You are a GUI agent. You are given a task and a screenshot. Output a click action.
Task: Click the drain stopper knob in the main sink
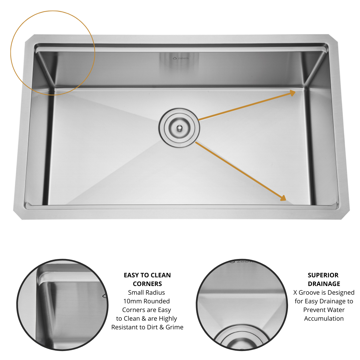click(179, 128)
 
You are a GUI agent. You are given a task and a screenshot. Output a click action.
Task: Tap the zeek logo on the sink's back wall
click(181, 58)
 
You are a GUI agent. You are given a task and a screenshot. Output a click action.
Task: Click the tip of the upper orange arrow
click(295, 92)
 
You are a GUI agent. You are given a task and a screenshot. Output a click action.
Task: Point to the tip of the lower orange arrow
click(286, 200)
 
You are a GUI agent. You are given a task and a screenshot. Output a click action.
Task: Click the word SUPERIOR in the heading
click(323, 275)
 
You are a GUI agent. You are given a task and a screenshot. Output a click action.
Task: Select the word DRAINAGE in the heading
click(324, 284)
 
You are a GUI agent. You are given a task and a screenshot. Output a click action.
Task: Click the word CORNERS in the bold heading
click(147, 284)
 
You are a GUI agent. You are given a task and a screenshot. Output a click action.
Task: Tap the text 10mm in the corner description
click(130, 301)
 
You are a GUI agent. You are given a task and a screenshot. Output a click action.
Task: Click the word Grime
click(174, 327)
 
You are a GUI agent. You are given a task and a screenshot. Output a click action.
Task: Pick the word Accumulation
click(324, 318)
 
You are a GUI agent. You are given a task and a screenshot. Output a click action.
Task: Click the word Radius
click(156, 293)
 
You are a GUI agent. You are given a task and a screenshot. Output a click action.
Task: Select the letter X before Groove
click(295, 293)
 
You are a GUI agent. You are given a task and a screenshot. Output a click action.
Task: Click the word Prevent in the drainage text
click(313, 310)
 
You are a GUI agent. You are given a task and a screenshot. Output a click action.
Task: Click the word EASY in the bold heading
click(131, 275)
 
